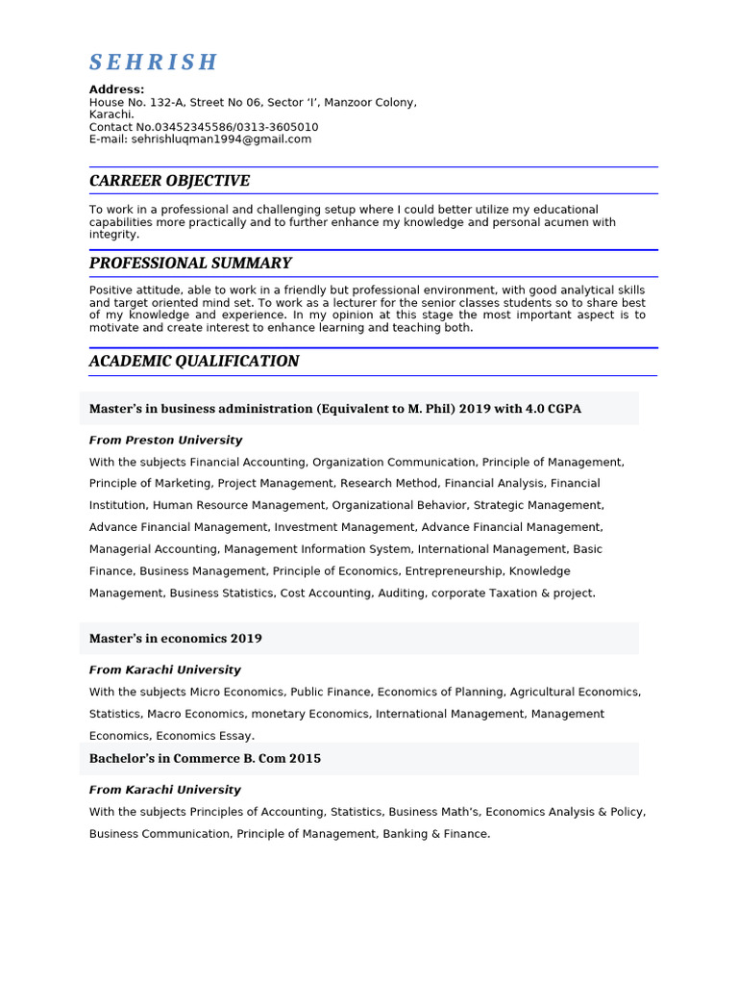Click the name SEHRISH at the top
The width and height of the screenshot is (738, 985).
(154, 63)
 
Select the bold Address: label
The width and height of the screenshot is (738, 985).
(117, 89)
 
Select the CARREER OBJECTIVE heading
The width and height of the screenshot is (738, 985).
(169, 181)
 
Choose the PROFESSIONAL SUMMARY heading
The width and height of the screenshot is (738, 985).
(190, 264)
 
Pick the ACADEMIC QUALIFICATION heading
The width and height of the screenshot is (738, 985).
(194, 362)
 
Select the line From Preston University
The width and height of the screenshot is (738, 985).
(165, 441)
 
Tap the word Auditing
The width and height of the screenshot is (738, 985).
(401, 594)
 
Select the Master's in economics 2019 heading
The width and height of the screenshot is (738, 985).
(175, 639)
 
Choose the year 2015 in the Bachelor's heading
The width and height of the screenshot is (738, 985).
(305, 759)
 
